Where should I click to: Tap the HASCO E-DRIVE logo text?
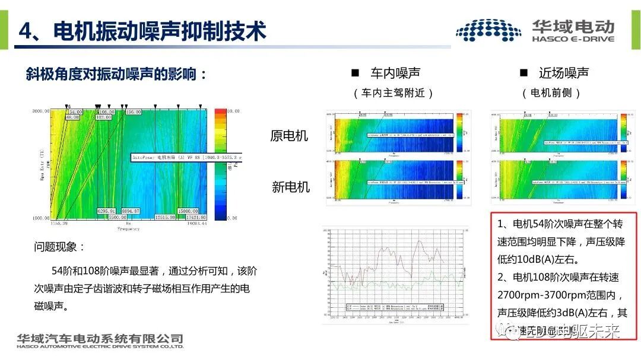pyautogui.click(x=573, y=39)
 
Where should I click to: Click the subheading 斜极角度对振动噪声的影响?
pyautogui.click(x=116, y=75)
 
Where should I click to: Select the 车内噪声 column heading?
pyautogui.click(x=395, y=73)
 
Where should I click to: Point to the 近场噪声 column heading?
pyautogui.click(x=564, y=73)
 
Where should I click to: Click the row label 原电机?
pyautogui.click(x=290, y=136)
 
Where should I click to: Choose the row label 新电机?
pyautogui.click(x=291, y=187)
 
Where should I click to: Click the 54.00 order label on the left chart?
pyautogui.click(x=75, y=111)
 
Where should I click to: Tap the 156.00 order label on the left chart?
pyautogui.click(x=132, y=111)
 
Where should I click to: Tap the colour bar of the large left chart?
pyautogui.click(x=220, y=164)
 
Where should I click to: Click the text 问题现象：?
pyautogui.click(x=60, y=247)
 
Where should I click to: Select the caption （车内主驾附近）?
pyautogui.click(x=394, y=93)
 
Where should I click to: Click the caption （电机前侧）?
pyautogui.click(x=551, y=93)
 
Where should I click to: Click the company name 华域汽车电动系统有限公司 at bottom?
pyautogui.click(x=100, y=339)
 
